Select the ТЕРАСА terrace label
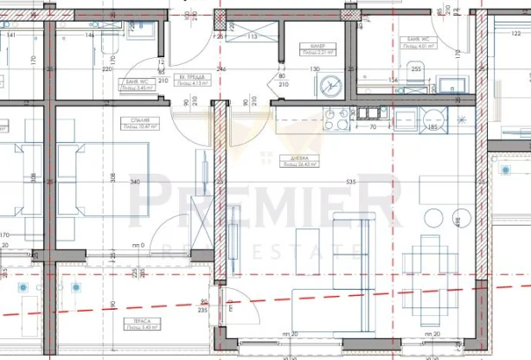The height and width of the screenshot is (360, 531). pos(131,321)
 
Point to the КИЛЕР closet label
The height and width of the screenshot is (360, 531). pos(313,48)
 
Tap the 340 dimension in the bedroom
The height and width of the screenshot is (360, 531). pos(134,183)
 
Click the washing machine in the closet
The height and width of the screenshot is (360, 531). pos(329,87)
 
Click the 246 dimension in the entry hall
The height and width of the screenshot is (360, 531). pos(221,69)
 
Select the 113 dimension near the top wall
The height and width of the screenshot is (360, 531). pos(253,37)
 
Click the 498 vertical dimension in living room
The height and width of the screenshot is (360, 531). pos(457,222)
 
